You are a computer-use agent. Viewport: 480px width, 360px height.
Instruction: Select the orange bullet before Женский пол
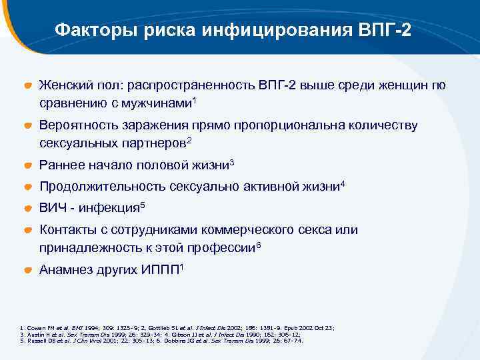tap(28, 86)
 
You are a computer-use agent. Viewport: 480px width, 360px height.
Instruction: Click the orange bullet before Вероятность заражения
tap(28, 125)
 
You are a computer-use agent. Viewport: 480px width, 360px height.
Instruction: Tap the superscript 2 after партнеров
tap(190, 139)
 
